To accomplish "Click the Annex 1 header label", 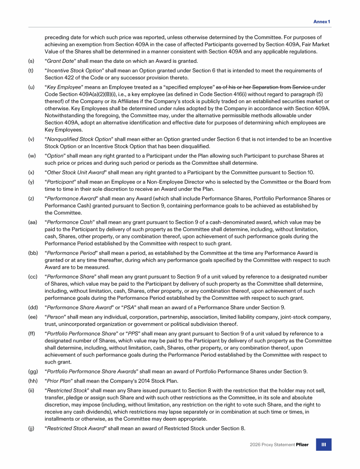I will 322,22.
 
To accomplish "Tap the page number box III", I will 323,445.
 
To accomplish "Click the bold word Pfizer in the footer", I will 302,445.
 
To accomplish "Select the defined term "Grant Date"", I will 60,61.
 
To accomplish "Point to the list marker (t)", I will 31,71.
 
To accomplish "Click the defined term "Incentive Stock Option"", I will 75,71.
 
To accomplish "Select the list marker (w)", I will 31,156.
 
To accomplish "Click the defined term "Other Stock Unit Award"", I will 75,172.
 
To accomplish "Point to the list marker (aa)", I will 32,222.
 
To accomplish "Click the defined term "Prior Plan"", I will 59,380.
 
